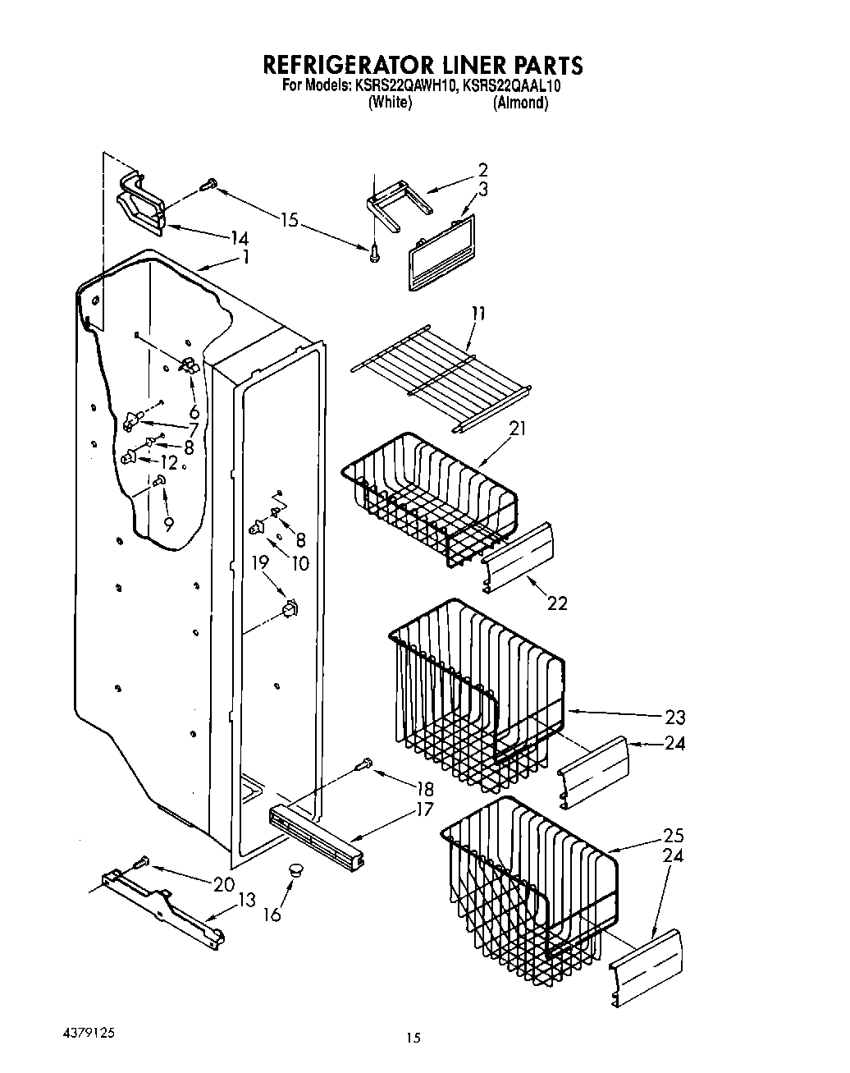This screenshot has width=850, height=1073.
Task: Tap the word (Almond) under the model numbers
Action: tap(520, 103)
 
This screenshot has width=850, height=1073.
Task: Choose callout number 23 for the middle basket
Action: tap(674, 717)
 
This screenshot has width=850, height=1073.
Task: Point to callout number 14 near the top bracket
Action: tap(239, 238)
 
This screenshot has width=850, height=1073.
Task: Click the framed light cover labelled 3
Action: tap(441, 254)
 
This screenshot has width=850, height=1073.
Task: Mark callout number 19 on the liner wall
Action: tap(260, 562)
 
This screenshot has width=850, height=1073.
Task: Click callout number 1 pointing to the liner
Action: tap(245, 257)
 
